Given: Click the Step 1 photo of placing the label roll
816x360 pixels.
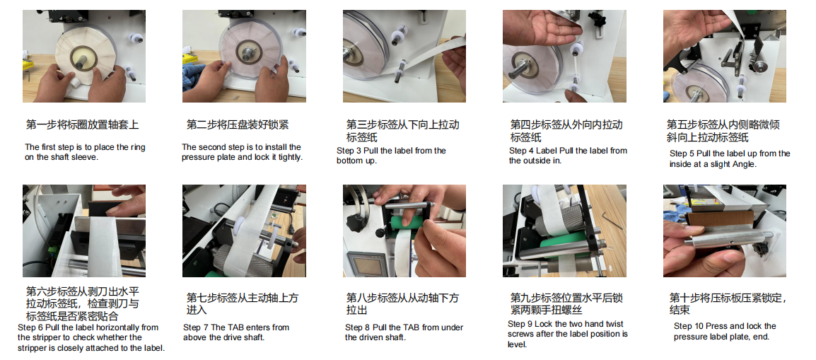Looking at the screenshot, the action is [x=83, y=56].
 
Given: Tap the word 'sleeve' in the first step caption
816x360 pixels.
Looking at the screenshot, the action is [x=85, y=157].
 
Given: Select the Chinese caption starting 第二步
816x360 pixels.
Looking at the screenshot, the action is [x=238, y=125].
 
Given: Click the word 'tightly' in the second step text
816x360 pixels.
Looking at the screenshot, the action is [x=287, y=157].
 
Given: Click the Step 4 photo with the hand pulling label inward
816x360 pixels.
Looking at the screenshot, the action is [x=564, y=56].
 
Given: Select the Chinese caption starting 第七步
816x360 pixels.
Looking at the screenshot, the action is [x=243, y=304].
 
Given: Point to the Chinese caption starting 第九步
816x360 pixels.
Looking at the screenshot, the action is [x=566, y=304].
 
